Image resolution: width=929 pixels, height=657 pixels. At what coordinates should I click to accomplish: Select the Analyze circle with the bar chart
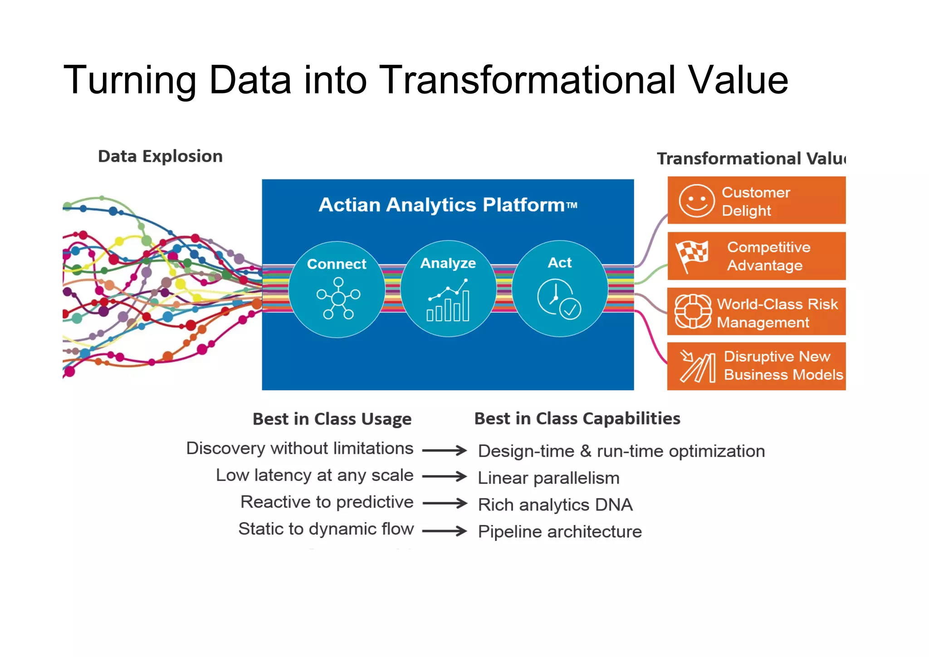[448, 289]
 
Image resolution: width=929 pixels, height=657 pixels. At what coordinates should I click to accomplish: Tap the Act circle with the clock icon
[560, 289]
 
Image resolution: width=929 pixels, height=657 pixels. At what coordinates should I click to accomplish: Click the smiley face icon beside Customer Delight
[696, 201]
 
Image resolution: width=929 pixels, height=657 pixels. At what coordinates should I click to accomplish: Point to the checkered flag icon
[691, 256]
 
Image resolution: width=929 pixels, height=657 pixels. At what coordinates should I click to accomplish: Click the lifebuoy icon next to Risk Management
[693, 311]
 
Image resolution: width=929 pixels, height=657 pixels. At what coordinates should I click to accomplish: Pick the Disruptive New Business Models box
[756, 366]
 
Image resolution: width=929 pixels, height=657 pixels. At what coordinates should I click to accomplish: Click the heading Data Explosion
[160, 156]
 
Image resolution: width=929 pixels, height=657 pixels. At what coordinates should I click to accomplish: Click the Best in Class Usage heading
[332, 419]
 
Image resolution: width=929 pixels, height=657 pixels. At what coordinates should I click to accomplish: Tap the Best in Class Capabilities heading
[577, 418]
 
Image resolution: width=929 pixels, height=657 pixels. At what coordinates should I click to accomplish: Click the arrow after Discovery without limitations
[444, 450]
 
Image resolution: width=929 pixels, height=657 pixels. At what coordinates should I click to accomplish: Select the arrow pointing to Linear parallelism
[444, 476]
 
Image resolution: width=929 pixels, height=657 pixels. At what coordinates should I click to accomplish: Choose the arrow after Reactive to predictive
[444, 503]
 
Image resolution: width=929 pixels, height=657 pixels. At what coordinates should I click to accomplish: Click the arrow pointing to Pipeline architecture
[444, 530]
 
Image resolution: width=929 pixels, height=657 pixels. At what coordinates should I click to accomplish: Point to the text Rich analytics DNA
[555, 505]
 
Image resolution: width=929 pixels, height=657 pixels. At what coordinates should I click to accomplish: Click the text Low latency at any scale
[314, 475]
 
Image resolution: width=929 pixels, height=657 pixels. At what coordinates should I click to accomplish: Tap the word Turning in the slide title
[130, 80]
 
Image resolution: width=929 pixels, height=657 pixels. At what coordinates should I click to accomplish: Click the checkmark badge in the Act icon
[570, 309]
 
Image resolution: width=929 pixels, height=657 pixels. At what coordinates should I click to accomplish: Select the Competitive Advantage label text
[768, 256]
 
